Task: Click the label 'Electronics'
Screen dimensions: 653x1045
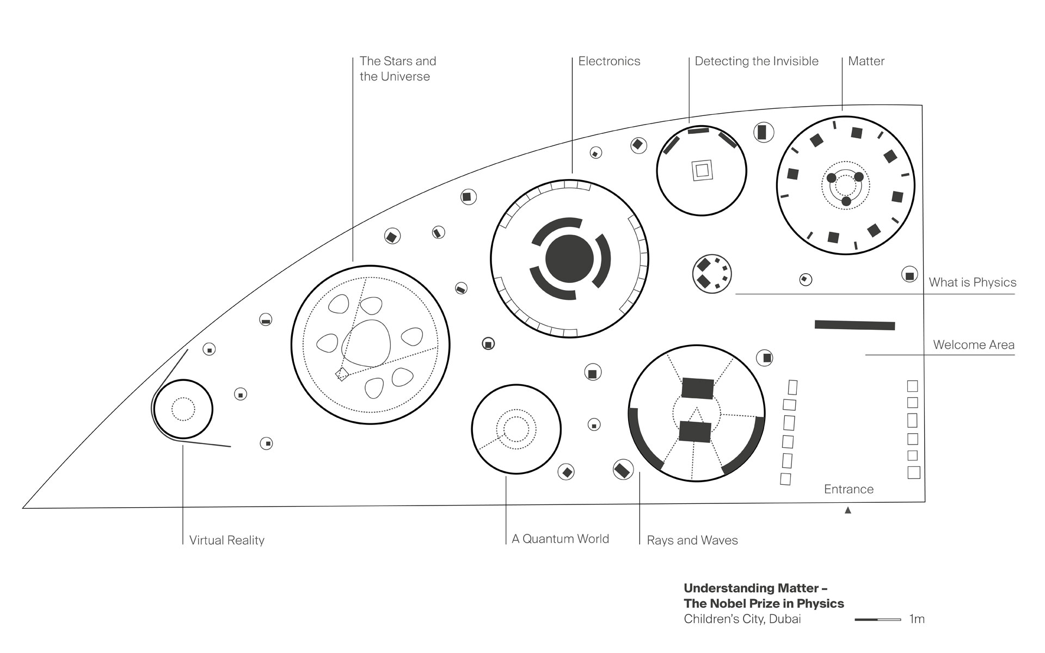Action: click(x=609, y=61)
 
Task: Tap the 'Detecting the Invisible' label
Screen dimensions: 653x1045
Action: click(x=756, y=61)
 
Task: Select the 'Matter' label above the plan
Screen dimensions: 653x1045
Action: click(x=866, y=61)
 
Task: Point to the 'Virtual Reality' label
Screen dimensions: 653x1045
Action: click(x=226, y=540)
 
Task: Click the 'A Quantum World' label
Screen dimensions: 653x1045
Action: click(x=560, y=539)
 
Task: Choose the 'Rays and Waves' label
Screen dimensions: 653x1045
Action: click(x=692, y=540)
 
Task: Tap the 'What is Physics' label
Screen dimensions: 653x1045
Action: click(x=972, y=282)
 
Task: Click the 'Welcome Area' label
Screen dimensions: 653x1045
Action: click(x=973, y=345)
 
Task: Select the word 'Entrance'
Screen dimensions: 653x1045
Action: click(x=849, y=489)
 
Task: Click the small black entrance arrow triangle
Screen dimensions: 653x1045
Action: click(x=847, y=510)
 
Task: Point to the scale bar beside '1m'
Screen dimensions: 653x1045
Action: click(x=877, y=619)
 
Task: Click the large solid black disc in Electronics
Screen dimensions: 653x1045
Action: click(x=569, y=259)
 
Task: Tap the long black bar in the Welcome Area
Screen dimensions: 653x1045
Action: click(x=855, y=325)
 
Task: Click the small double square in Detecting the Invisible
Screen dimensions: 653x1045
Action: click(x=702, y=170)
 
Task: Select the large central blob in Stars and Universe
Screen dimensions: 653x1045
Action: click(x=366, y=343)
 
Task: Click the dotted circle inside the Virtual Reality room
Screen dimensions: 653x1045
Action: click(x=183, y=409)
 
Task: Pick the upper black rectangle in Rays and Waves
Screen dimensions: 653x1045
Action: click(x=697, y=388)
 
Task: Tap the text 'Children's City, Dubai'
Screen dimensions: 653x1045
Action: click(x=742, y=619)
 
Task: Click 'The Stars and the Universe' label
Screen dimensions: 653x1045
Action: click(x=397, y=69)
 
